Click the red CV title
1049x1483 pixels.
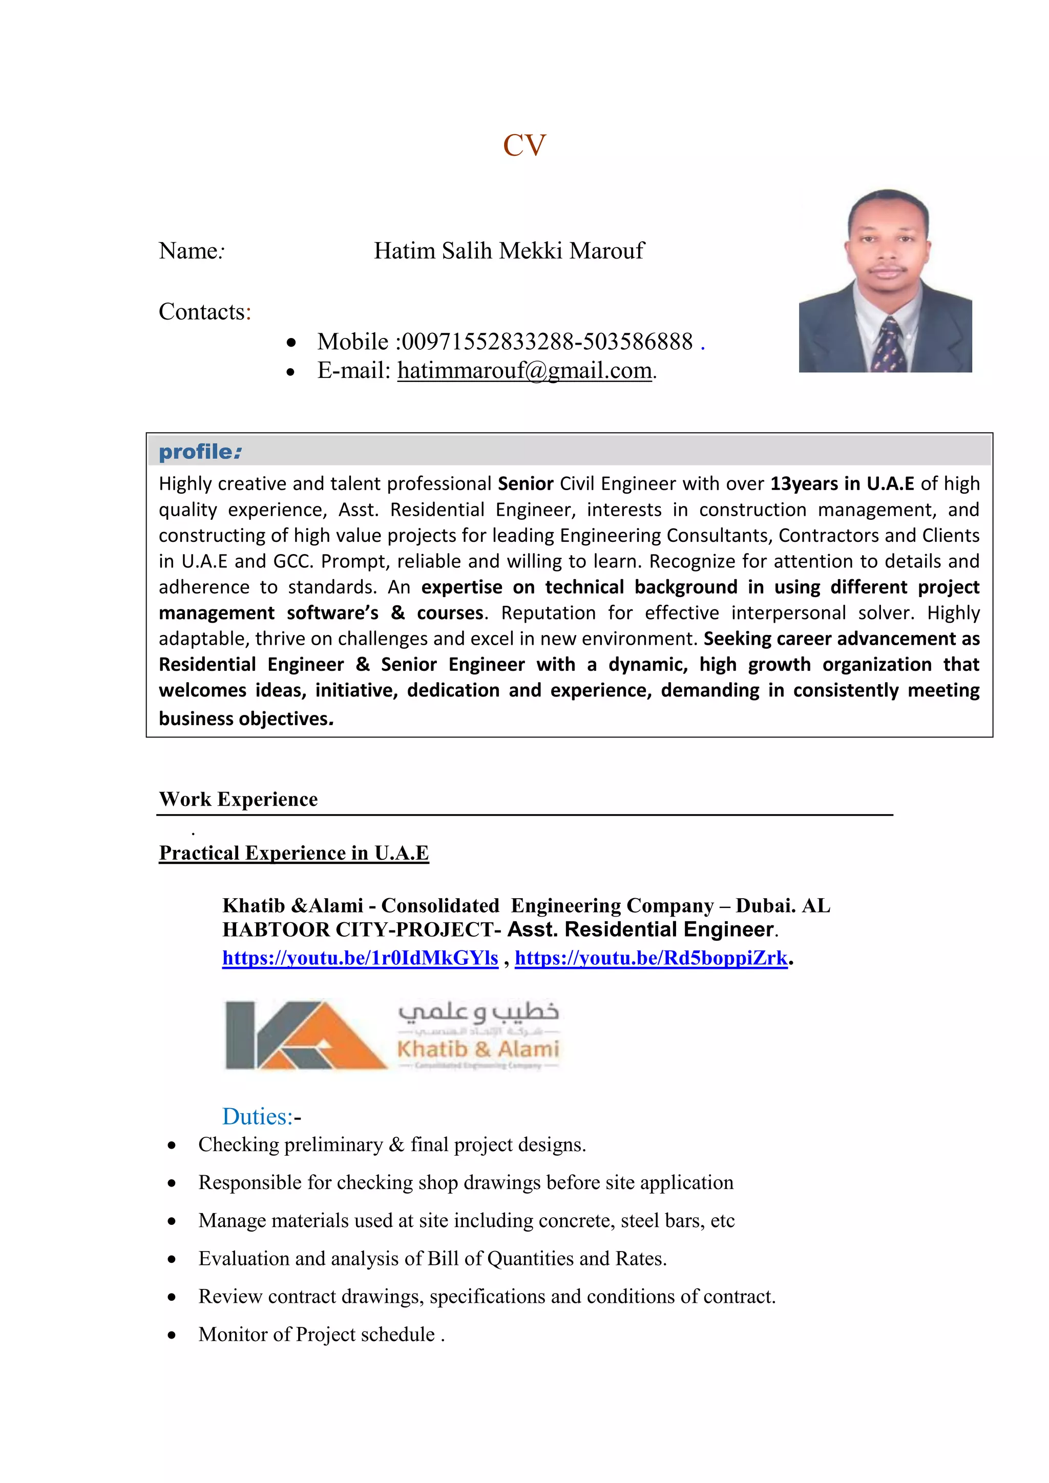(x=524, y=145)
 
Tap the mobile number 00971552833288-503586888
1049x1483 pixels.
(x=547, y=342)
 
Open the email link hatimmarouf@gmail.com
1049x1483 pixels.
(x=524, y=371)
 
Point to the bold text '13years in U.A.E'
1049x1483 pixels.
(x=842, y=484)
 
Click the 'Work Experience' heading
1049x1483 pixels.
(x=238, y=800)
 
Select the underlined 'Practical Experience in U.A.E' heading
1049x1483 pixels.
(x=294, y=853)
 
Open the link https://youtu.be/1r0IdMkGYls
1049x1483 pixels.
(x=360, y=958)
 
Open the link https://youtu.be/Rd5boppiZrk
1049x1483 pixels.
(x=651, y=958)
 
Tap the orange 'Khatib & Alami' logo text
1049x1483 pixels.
(x=478, y=1048)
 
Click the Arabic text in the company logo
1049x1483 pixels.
(x=478, y=1012)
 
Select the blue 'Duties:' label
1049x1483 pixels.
(x=258, y=1117)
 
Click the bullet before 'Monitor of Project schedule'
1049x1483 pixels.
(x=171, y=1335)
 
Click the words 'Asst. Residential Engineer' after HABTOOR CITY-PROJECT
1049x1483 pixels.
(x=640, y=929)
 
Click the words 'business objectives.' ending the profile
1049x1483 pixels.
(x=246, y=719)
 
